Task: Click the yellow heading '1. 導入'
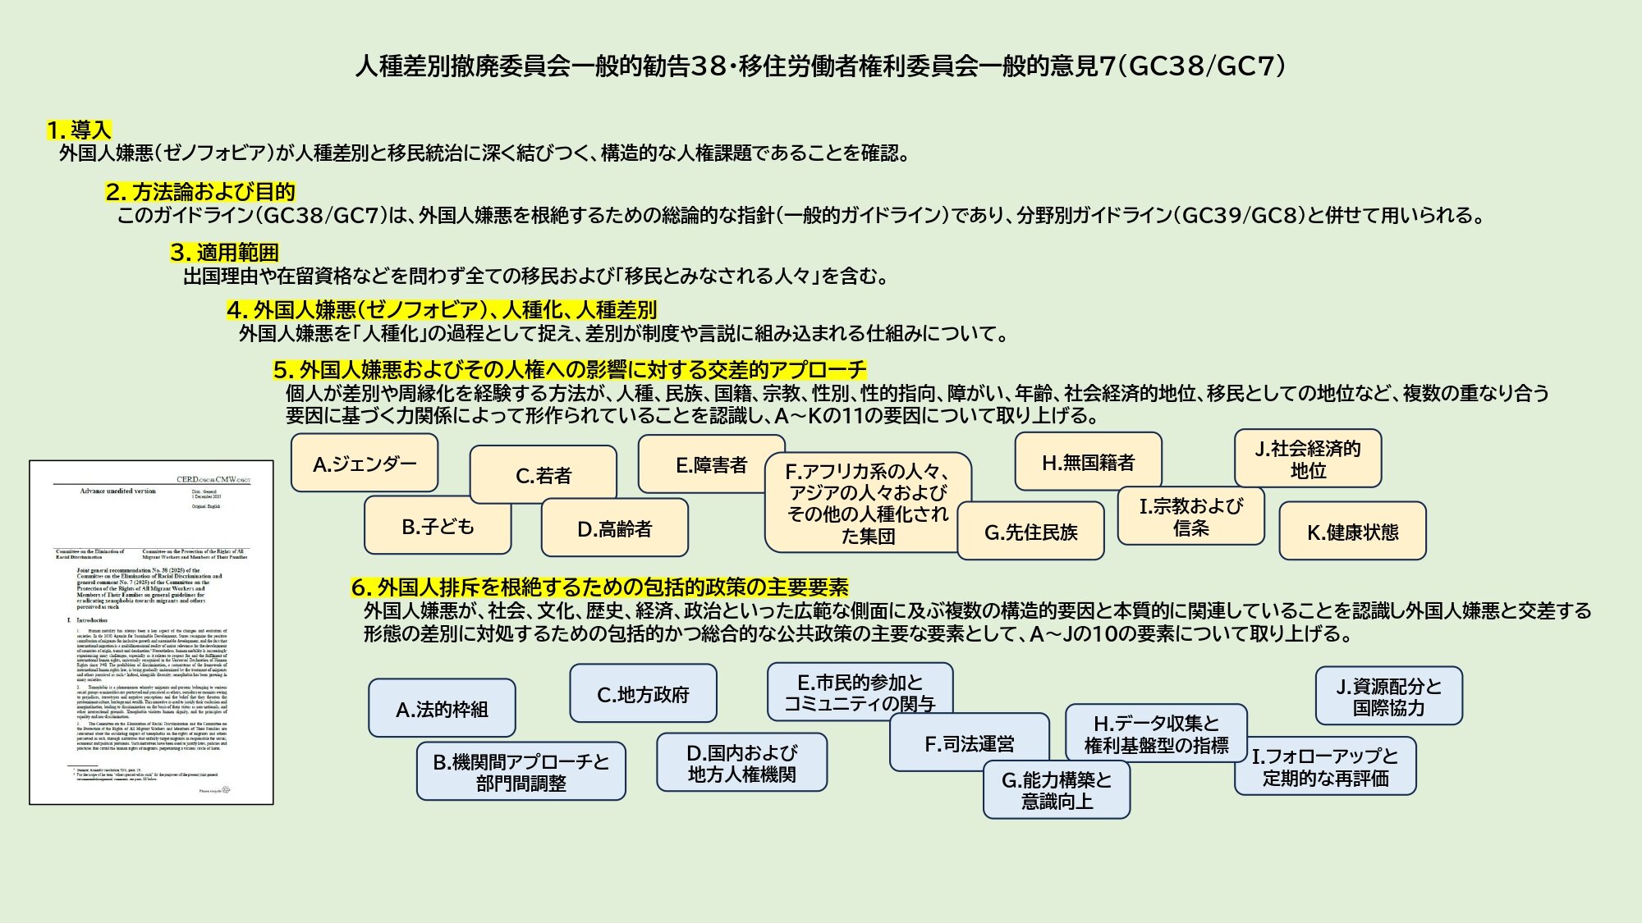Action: click(79, 130)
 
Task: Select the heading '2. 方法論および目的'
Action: click(200, 192)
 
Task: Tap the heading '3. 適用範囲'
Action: click(224, 253)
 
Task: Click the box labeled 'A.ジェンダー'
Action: click(365, 464)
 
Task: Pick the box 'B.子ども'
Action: click(438, 527)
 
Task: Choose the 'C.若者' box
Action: click(543, 475)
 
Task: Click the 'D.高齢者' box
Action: click(614, 529)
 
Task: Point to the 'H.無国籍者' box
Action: click(1088, 463)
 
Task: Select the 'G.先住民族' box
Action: click(1030, 532)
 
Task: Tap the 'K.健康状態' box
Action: click(1352, 532)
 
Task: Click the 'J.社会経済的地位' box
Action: click(1308, 459)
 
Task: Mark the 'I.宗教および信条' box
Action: click(1190, 517)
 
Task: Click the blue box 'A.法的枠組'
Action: click(442, 709)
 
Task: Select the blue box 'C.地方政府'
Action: click(643, 694)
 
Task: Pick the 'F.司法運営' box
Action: click(969, 743)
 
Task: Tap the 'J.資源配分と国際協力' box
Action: click(1388, 697)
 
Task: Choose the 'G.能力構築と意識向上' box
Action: click(1056, 790)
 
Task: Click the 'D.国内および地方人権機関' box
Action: click(741, 763)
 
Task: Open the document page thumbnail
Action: click(151, 633)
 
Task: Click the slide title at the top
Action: click(820, 66)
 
